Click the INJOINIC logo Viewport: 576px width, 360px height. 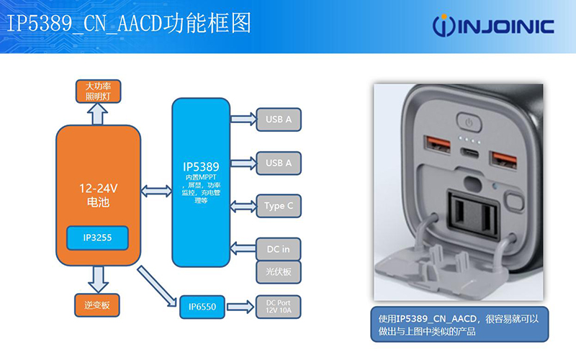click(x=493, y=26)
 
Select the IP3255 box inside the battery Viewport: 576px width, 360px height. click(x=97, y=238)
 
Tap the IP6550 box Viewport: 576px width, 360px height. click(x=202, y=307)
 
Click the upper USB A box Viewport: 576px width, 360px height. click(x=279, y=120)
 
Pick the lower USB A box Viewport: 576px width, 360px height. click(x=279, y=163)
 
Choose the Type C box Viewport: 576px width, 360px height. click(x=279, y=206)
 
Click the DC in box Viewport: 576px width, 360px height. click(x=279, y=249)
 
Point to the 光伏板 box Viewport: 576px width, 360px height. click(x=279, y=272)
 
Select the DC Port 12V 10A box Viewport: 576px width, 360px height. click(x=278, y=307)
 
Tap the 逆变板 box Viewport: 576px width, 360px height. click(x=97, y=305)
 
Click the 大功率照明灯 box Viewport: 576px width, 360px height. click(x=98, y=91)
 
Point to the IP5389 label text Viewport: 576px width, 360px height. click(x=201, y=167)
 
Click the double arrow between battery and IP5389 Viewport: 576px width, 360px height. click(x=156, y=191)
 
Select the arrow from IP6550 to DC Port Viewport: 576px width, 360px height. click(x=240, y=307)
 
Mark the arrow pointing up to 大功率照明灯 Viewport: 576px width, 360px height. click(x=98, y=114)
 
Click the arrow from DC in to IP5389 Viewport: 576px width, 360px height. click(x=243, y=248)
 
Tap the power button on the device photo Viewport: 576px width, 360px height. click(x=469, y=122)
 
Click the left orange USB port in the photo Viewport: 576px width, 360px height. click(x=437, y=145)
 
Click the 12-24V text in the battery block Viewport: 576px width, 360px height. click(x=98, y=189)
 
